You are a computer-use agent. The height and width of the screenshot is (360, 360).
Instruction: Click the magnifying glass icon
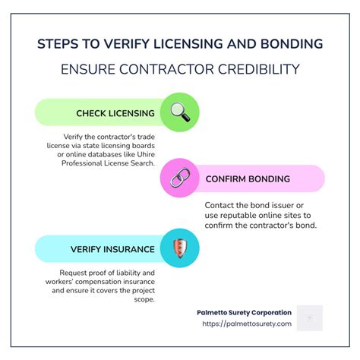point(180,112)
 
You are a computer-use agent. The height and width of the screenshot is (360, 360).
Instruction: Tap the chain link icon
point(180,178)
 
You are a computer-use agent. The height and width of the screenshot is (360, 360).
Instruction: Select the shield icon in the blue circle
point(180,248)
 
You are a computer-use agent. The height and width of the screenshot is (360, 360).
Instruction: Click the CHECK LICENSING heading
point(115,113)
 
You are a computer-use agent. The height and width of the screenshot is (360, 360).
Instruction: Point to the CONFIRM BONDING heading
point(248,179)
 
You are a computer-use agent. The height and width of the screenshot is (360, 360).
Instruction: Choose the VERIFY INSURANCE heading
point(112,249)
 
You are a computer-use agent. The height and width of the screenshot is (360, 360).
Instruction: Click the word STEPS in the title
point(58,44)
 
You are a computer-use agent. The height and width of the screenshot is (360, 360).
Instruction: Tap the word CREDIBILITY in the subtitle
point(259,69)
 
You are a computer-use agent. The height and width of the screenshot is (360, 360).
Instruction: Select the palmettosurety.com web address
point(247,324)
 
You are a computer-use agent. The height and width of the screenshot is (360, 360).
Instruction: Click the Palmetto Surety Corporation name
point(244,312)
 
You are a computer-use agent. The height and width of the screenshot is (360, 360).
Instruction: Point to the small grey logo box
point(310,318)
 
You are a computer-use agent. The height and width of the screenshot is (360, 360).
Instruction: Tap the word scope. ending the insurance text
point(144,299)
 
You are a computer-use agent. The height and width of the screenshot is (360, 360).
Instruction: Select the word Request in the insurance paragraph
point(73,273)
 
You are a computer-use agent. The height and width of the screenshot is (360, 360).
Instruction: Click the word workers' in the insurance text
point(59,282)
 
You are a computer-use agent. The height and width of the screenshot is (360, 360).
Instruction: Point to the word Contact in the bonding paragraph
point(219,205)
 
